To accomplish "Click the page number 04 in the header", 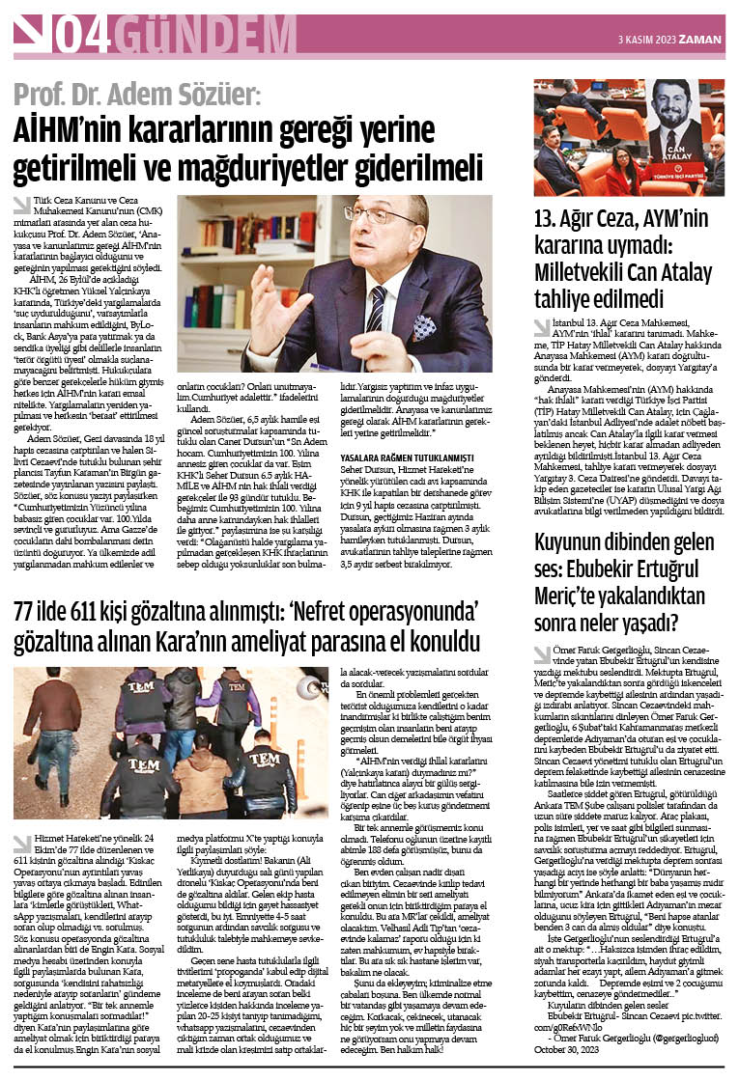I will (x=83, y=36).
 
